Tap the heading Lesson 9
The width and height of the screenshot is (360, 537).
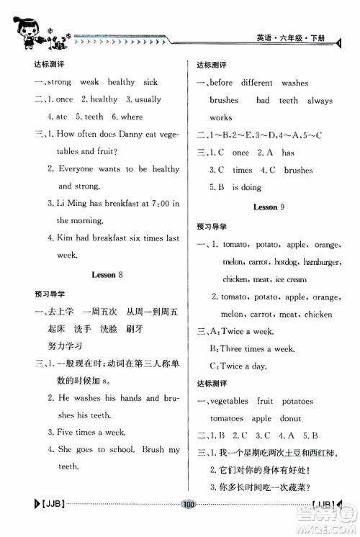[x=269, y=207]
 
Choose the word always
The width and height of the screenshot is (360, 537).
[x=320, y=101]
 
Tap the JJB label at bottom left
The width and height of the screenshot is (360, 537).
[x=46, y=524]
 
